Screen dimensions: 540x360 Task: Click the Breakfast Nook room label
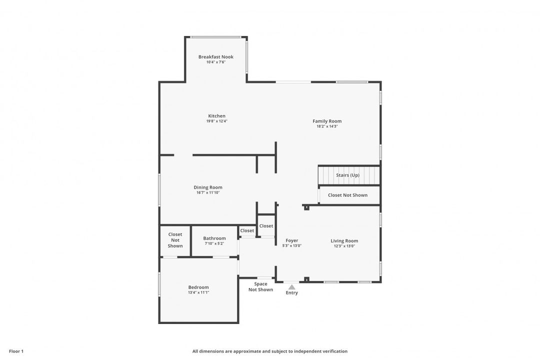(x=216, y=57)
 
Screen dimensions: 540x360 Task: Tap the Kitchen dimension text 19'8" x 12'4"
(x=216, y=121)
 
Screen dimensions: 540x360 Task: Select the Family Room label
(x=327, y=121)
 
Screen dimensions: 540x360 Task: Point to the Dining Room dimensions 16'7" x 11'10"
(x=208, y=192)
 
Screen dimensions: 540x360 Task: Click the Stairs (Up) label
(x=348, y=175)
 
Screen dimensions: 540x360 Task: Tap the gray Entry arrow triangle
(x=291, y=287)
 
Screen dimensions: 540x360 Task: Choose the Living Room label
(x=344, y=241)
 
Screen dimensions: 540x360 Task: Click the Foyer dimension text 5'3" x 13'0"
(x=292, y=246)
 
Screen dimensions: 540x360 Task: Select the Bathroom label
(x=214, y=238)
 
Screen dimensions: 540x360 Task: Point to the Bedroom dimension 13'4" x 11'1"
(x=198, y=292)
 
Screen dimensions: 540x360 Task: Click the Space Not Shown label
(x=260, y=286)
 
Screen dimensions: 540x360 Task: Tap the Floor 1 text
(x=16, y=351)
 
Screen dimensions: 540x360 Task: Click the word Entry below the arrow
(x=291, y=293)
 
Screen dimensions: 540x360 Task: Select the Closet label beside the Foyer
(x=266, y=226)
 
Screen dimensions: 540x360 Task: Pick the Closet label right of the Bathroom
(x=247, y=231)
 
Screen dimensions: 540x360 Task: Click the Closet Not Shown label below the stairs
(x=348, y=195)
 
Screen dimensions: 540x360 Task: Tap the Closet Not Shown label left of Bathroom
(x=175, y=240)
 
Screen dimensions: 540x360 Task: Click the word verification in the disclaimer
(x=334, y=351)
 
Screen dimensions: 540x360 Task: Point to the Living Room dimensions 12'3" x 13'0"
(x=344, y=246)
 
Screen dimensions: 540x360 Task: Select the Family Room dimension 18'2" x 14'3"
(x=327, y=126)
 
